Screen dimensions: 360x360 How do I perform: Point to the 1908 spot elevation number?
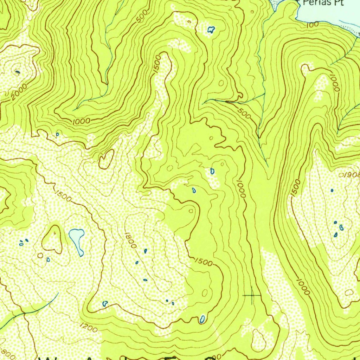[350, 175]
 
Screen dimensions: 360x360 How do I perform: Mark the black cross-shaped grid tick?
[252, 296]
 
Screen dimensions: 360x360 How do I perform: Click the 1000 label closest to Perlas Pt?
[334, 83]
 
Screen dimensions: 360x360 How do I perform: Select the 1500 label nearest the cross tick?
[203, 262]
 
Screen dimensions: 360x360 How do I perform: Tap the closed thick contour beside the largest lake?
[52, 240]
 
